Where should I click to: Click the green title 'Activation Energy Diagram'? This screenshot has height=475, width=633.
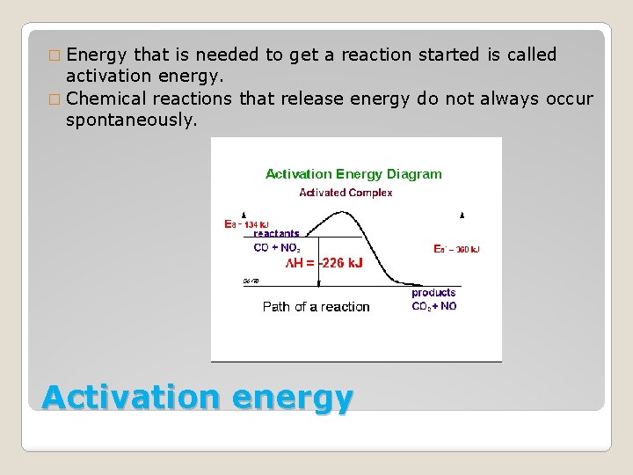tap(353, 174)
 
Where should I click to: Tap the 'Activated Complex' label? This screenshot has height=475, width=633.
tap(346, 193)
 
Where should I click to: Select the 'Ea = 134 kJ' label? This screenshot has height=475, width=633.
tap(247, 224)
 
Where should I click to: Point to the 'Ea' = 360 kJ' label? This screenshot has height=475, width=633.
tap(456, 250)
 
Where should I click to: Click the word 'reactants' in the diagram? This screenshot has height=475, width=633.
tap(276, 234)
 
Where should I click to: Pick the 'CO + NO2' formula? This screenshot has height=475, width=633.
tap(276, 248)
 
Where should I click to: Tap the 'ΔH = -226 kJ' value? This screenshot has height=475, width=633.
tap(324, 263)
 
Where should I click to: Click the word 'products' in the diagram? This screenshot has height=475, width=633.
tap(433, 292)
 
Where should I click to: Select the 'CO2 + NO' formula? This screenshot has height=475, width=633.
tap(433, 306)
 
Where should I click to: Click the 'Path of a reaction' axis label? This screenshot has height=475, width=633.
tap(316, 307)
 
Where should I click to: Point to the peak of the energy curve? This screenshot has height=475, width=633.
tap(346, 211)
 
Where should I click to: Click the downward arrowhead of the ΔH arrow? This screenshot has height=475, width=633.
tap(319, 283)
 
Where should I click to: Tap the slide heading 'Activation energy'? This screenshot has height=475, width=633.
tap(197, 398)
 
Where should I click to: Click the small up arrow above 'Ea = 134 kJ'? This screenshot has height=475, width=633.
tap(244, 214)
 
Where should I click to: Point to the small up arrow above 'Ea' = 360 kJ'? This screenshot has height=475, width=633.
tap(462, 215)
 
